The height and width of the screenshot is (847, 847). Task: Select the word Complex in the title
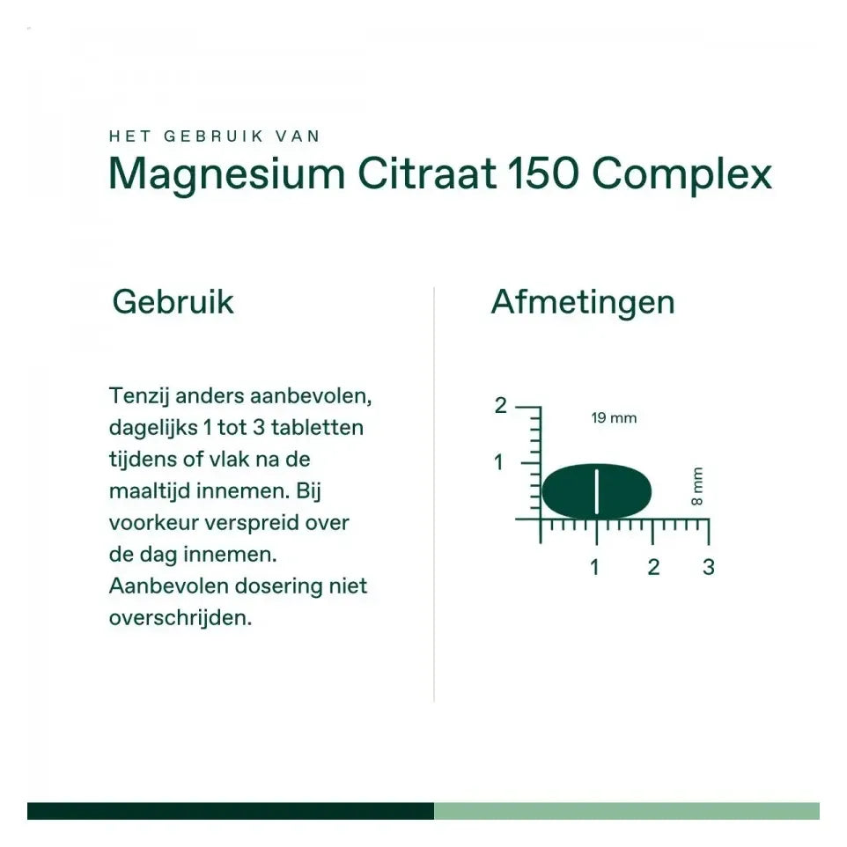pyautogui.click(x=681, y=174)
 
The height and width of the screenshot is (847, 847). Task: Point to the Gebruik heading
pyautogui.click(x=173, y=302)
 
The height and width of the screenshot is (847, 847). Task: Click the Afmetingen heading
pyautogui.click(x=583, y=302)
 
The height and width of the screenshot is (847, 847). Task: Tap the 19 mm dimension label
pyautogui.click(x=614, y=418)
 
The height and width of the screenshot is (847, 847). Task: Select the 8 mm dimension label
pyautogui.click(x=697, y=486)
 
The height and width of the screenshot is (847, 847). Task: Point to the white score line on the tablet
pyautogui.click(x=596, y=490)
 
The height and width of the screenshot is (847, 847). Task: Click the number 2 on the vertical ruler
pyautogui.click(x=500, y=406)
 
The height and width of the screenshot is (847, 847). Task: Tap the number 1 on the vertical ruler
pyautogui.click(x=499, y=462)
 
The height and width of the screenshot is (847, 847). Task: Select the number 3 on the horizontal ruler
pyautogui.click(x=709, y=567)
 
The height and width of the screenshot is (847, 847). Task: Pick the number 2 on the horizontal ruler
pyautogui.click(x=652, y=567)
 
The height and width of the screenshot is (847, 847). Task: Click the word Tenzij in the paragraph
pyautogui.click(x=138, y=395)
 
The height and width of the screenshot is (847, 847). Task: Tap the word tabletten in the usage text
pyautogui.click(x=317, y=428)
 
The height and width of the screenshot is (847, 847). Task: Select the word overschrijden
pyautogui.click(x=180, y=618)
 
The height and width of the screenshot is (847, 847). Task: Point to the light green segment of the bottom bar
pyautogui.click(x=626, y=811)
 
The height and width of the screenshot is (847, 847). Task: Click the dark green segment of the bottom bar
pyautogui.click(x=230, y=811)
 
